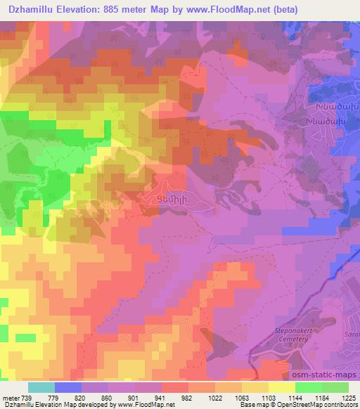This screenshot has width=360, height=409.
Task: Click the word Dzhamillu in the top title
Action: (33, 10)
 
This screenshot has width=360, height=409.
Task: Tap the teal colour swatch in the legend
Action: (41, 387)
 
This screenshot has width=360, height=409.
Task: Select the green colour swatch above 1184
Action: (309, 387)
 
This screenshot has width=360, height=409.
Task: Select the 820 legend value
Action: (82, 398)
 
